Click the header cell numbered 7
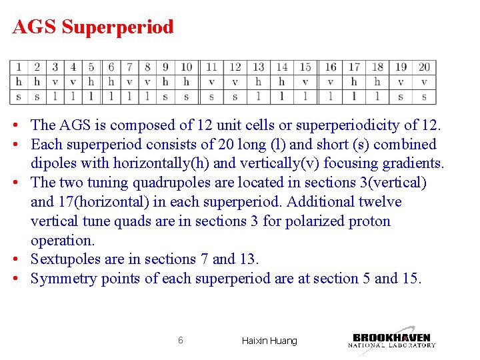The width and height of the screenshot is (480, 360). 129,67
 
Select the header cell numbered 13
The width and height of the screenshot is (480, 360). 258,67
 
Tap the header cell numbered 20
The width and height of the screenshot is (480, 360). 424,67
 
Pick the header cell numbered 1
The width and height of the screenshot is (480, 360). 19,67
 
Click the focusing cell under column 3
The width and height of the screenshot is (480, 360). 55,82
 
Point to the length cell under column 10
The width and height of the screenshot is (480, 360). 187,97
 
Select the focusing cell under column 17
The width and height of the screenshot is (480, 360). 354,82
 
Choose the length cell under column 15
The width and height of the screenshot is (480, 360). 305,97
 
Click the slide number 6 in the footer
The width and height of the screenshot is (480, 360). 181,341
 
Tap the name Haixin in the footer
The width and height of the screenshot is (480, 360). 255,341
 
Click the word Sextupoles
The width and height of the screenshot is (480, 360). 64,259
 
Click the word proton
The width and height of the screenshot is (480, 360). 367,221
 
